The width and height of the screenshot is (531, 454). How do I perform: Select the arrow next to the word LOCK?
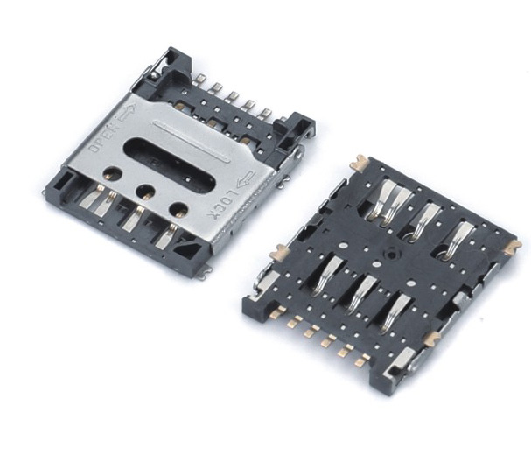[247, 179]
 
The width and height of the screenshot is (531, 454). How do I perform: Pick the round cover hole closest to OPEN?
[114, 173]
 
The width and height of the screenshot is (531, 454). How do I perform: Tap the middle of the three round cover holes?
[146, 192]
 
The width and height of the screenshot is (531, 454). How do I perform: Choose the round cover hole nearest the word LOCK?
[179, 210]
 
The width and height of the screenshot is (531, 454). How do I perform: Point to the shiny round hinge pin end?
[154, 75]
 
